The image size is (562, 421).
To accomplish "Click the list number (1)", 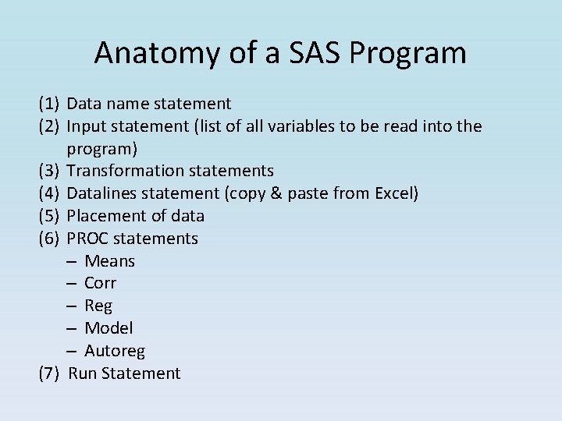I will pyautogui.click(x=49, y=103).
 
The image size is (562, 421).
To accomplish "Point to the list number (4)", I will pyautogui.click(x=49, y=193).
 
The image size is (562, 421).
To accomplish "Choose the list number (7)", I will pyautogui.click(x=49, y=373).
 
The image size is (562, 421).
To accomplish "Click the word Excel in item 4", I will pyautogui.click(x=397, y=193).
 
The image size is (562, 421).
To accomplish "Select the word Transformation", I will pyautogui.click(x=119, y=171).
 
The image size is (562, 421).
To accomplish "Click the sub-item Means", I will pyautogui.click(x=109, y=261).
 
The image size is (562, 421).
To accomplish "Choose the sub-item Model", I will pyautogui.click(x=108, y=328).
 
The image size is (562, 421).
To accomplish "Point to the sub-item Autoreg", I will pyautogui.click(x=115, y=351).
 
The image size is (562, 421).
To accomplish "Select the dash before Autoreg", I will pyautogui.click(x=72, y=351).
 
